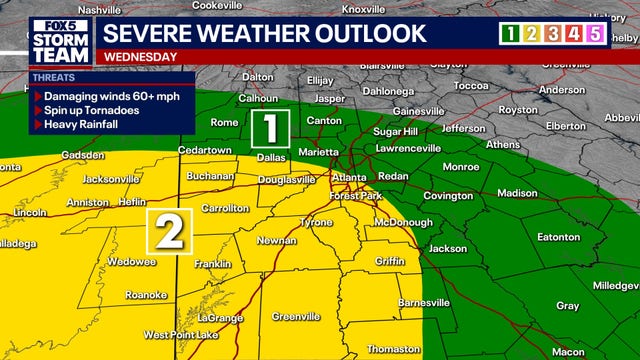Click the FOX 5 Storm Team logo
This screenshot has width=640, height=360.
coord(60,40)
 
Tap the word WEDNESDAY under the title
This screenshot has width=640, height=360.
coord(140,57)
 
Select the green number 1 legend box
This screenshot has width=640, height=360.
coord(510,33)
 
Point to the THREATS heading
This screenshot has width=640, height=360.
coord(54,77)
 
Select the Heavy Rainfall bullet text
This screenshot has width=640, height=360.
coord(80,125)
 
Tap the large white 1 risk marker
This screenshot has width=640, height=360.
coord(271,128)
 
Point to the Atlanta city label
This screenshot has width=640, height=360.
coord(349,178)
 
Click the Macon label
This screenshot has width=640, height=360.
coord(567,352)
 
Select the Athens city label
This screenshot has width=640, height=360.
coord(502,144)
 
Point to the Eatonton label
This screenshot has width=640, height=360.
coord(558,237)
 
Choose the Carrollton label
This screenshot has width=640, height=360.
coord(226,208)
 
